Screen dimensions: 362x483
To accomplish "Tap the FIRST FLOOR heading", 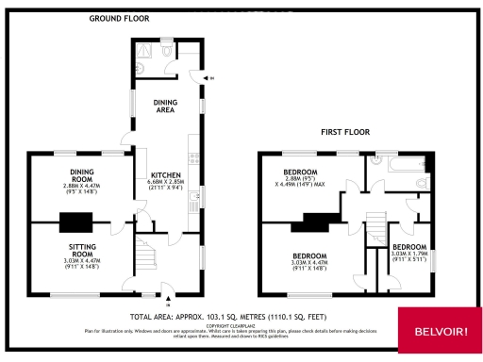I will (x=345, y=132).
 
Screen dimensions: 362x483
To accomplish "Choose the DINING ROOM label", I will (x=81, y=174).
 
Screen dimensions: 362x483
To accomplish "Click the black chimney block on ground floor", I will (x=73, y=222).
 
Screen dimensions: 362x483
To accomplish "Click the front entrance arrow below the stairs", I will (x=141, y=299).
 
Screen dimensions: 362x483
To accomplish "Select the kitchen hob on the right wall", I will (x=192, y=199).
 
